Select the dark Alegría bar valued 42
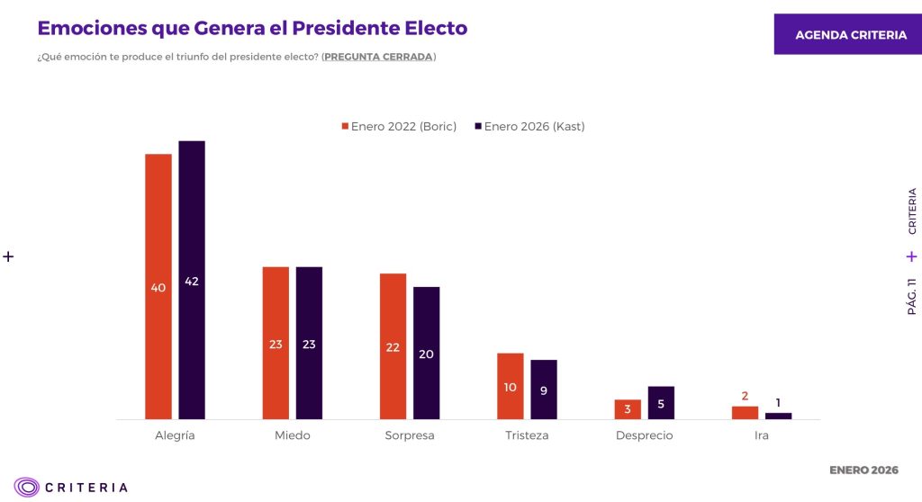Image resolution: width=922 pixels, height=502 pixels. point(192,280)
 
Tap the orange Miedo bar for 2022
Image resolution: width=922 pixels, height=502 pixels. point(276,343)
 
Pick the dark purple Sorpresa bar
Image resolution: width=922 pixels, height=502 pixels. point(427,353)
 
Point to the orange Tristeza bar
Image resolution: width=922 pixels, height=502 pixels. point(511,386)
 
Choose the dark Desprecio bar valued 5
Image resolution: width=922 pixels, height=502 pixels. point(661,403)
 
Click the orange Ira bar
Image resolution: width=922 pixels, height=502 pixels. point(745,413)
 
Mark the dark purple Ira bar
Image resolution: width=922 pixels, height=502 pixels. point(778,416)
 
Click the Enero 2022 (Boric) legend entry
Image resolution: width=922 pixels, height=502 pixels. point(399,127)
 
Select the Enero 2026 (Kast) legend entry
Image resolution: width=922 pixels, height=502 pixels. point(530,127)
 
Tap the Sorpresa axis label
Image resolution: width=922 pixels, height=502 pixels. point(409,435)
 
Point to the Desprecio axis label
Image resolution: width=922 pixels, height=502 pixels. point(644,435)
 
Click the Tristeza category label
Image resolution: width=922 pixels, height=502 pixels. point(527,435)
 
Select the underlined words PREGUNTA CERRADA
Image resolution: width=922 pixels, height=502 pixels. point(378,57)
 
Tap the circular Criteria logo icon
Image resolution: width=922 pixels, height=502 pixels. point(27,487)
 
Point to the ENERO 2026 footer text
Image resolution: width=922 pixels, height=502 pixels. point(863,471)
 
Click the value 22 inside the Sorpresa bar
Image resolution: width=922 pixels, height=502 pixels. point(393,347)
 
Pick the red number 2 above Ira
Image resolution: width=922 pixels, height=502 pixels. point(745,395)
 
